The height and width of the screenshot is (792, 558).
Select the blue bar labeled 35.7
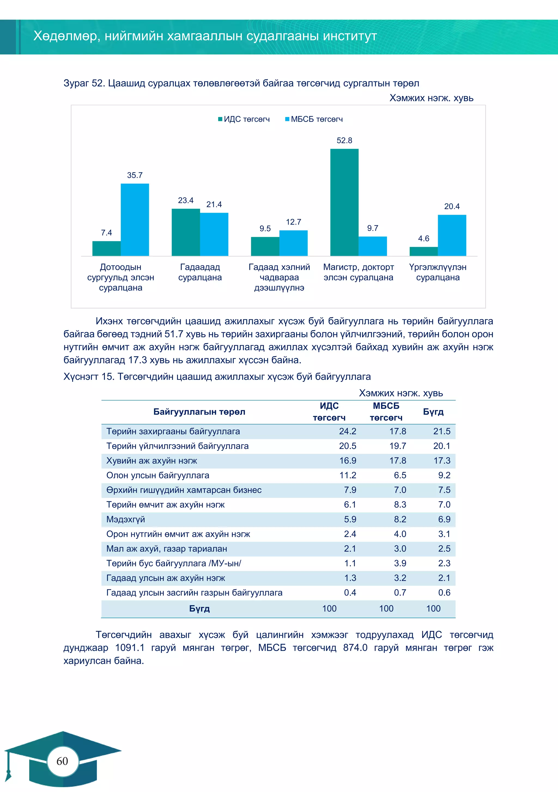[x=135, y=219]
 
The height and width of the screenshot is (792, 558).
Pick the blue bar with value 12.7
[x=293, y=243]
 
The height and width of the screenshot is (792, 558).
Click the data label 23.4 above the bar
[x=186, y=200]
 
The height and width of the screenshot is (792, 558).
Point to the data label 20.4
[x=452, y=206]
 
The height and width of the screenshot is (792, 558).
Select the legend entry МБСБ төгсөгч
[x=314, y=119]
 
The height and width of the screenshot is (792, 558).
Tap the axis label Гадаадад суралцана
[x=200, y=272]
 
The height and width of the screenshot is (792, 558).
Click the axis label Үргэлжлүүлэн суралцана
[x=438, y=272]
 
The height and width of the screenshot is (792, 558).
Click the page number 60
[x=62, y=761]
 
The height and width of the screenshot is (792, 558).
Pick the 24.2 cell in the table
[x=347, y=431]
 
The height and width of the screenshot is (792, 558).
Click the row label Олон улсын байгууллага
[x=158, y=475]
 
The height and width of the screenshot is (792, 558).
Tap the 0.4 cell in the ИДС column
[x=350, y=593]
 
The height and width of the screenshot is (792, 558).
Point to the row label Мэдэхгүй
[x=126, y=519]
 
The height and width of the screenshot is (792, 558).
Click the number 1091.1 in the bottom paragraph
[x=129, y=648]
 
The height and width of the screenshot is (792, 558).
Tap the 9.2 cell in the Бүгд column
[x=444, y=475]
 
